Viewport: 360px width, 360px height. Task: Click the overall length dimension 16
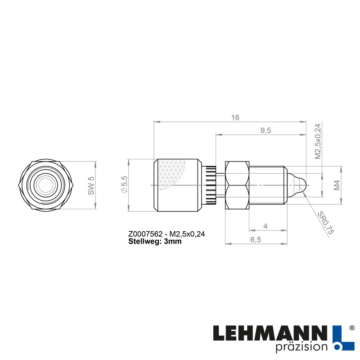point(235,117)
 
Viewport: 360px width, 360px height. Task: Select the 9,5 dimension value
point(265,130)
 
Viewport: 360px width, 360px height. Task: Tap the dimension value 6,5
point(256,240)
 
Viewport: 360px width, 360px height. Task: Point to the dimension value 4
point(265,226)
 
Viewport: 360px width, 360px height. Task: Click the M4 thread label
point(337,185)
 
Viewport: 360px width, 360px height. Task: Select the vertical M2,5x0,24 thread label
point(317,141)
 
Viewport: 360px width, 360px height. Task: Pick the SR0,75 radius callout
point(327,224)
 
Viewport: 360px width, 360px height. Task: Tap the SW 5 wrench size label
point(91,185)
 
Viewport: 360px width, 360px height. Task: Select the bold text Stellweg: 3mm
point(155,241)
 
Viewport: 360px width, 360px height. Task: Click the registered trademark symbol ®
point(351,328)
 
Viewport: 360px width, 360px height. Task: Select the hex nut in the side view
point(237,185)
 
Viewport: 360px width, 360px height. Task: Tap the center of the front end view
point(45,185)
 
